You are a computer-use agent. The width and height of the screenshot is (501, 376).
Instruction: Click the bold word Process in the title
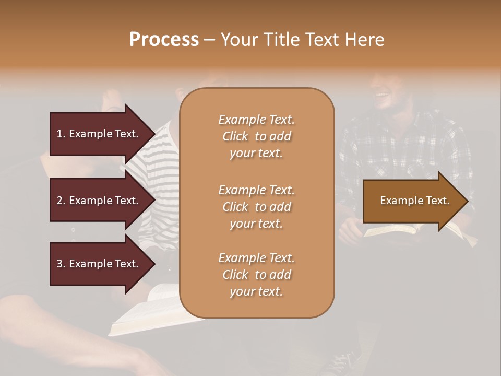(x=164, y=40)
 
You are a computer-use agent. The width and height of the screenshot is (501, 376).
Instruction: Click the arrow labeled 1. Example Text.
(x=99, y=134)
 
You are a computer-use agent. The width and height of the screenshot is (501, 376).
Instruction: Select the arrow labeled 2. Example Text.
(x=99, y=201)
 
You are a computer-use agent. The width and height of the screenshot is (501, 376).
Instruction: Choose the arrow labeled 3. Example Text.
(x=99, y=264)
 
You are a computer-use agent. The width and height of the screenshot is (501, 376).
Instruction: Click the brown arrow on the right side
(x=412, y=201)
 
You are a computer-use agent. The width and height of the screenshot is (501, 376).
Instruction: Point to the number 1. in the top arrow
(x=61, y=134)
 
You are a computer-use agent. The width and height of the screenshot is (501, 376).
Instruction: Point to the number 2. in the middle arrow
(x=61, y=201)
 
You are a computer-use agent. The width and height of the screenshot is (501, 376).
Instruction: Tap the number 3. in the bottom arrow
(x=61, y=264)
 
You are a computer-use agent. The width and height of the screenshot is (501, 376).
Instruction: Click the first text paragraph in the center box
(x=256, y=136)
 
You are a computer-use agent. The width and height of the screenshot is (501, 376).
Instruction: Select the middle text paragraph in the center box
(x=256, y=207)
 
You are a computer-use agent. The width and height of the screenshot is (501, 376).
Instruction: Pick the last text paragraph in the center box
(x=256, y=275)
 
